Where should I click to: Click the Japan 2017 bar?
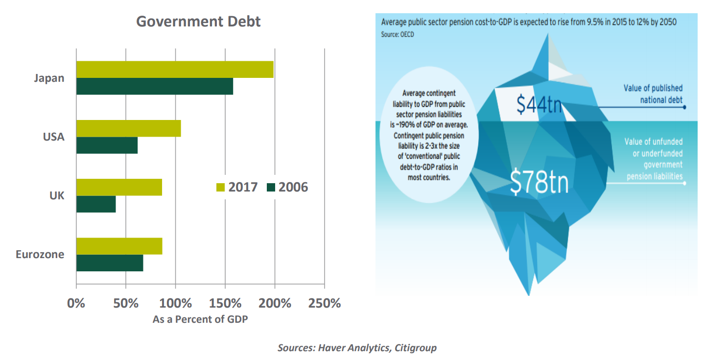175,70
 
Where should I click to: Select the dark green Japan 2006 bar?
155,86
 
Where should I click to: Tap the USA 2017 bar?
129,128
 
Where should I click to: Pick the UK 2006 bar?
96,204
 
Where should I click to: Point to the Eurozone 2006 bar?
110,263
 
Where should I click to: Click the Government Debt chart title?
198,22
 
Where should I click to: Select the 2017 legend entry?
237,187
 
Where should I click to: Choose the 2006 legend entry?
287,187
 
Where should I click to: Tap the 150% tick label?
225,303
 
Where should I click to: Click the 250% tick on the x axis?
324,303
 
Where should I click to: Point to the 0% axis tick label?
76,303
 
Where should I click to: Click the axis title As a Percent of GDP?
200,320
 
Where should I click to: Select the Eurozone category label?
40,255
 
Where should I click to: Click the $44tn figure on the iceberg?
539,104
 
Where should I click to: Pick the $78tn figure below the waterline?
539,182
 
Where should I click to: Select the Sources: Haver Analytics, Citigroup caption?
357,348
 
